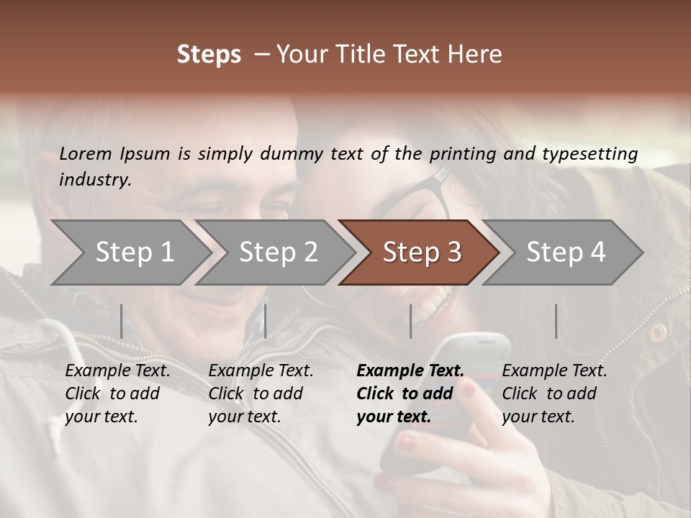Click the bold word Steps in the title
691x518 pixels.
[x=209, y=55]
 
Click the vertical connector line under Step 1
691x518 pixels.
[x=121, y=321]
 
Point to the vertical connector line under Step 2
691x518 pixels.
[x=266, y=321]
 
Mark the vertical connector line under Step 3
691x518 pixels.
[x=410, y=321]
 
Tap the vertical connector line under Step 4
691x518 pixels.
[x=556, y=321]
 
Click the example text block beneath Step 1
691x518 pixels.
[x=117, y=394]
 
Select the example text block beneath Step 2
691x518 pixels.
[x=261, y=394]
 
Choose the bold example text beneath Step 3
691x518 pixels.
[x=410, y=394]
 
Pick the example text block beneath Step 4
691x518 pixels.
[x=554, y=394]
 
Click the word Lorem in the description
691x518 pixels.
[x=86, y=153]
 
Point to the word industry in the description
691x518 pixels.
[x=95, y=180]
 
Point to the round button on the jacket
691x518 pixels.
[x=656, y=332]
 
